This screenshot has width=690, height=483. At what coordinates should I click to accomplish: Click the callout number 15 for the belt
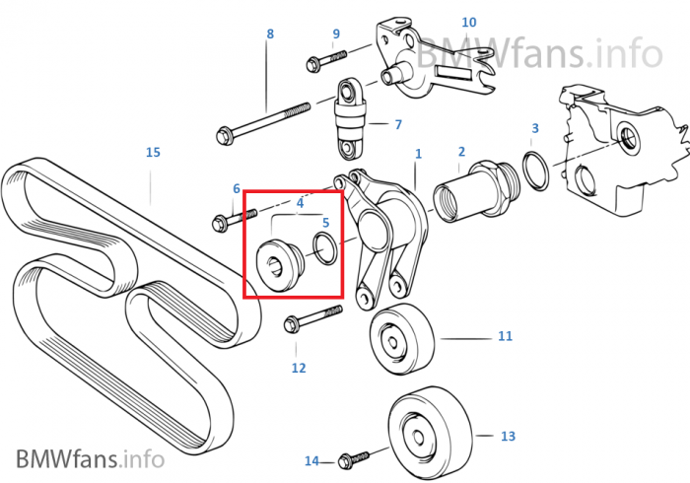pos(153,152)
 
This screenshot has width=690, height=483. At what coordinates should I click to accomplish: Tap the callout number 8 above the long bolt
pos(270,34)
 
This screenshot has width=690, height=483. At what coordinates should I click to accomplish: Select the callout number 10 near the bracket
pos(469,22)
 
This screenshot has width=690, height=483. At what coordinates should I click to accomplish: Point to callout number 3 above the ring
pos(535,128)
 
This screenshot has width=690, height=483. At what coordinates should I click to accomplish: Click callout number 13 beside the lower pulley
pos(508,436)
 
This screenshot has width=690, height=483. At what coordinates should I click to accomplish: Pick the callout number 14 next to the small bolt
pos(311,460)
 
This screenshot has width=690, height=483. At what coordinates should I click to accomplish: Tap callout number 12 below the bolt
pos(299,368)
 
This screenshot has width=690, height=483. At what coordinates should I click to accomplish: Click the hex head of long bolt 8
pos(226,135)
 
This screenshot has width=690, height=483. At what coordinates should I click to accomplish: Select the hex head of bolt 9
pos(312,64)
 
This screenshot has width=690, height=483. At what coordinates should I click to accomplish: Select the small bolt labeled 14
pos(354,458)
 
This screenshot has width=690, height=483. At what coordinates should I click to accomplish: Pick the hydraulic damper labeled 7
pos(350,117)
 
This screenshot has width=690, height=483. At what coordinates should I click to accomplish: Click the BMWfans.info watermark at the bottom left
pos(91,458)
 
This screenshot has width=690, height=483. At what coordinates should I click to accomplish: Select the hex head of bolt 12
pos(291,325)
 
